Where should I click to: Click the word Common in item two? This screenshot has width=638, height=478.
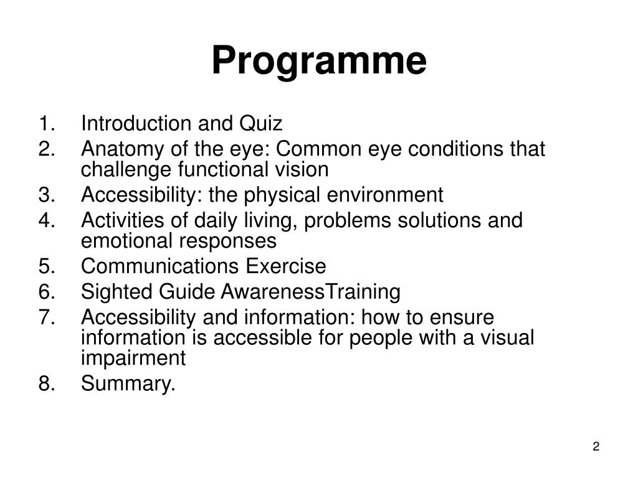[x=315, y=150]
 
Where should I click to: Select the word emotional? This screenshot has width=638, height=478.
[x=120, y=240]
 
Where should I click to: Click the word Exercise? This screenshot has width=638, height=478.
[x=285, y=266]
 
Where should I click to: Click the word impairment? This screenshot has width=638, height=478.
[x=133, y=358]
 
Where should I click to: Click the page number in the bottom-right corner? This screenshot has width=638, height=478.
[x=596, y=447]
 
